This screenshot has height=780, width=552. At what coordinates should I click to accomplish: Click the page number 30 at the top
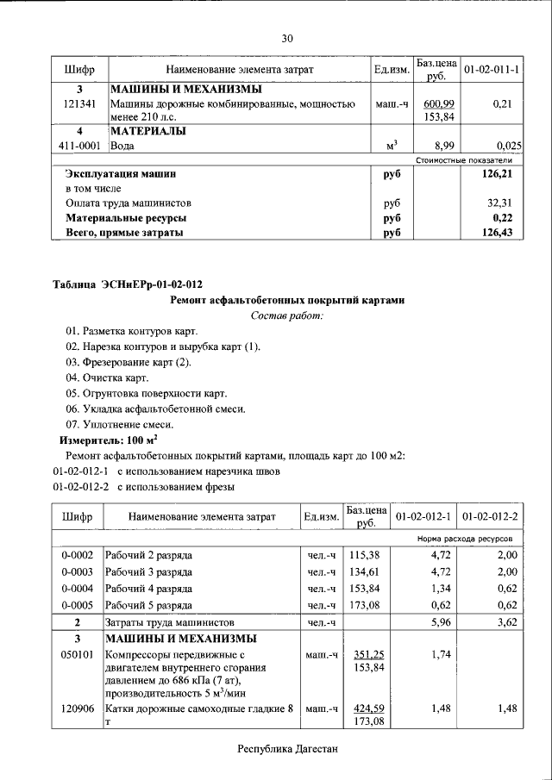(x=287, y=38)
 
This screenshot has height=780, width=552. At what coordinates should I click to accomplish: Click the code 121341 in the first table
(x=79, y=104)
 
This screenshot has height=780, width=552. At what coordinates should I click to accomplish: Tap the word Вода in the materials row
(x=122, y=147)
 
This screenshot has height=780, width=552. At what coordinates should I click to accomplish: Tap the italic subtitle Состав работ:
(x=286, y=316)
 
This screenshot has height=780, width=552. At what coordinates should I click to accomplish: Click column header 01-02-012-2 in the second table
(x=490, y=517)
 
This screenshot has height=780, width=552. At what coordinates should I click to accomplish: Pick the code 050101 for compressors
(x=78, y=655)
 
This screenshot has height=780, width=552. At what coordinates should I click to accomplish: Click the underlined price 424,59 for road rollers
(x=368, y=709)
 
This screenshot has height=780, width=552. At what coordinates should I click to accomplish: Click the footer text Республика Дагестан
(x=287, y=750)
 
